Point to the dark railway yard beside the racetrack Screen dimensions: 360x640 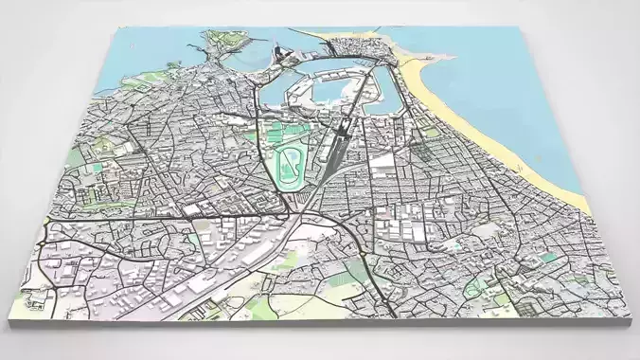coord(331,152)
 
